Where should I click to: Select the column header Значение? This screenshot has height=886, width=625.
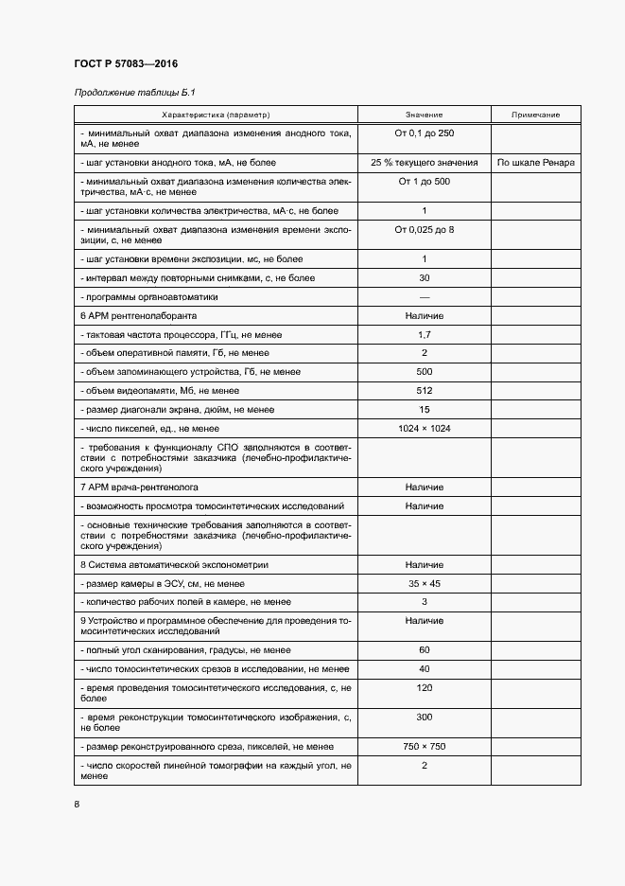(x=424, y=115)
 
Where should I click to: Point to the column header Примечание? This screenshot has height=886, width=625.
(x=535, y=115)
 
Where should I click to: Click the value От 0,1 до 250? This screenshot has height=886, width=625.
(x=424, y=133)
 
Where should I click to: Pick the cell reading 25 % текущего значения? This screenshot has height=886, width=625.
(x=424, y=162)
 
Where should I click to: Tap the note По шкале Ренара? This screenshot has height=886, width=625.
(x=535, y=162)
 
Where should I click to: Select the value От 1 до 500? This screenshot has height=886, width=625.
(x=424, y=181)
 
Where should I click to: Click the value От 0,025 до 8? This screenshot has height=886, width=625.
(x=424, y=230)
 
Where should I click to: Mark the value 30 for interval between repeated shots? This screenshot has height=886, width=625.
(x=424, y=278)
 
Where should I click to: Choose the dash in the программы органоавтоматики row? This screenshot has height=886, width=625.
(x=424, y=297)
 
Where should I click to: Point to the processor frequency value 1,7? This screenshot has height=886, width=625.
(x=424, y=334)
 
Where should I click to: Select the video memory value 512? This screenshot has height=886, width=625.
(x=424, y=391)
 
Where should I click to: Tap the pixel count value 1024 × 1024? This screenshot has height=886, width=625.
(x=424, y=428)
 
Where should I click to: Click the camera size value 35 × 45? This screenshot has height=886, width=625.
(x=424, y=583)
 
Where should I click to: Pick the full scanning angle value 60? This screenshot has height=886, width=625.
(x=424, y=649)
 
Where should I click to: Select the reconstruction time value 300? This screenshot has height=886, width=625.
(x=424, y=717)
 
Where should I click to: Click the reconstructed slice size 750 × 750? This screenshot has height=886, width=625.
(x=424, y=746)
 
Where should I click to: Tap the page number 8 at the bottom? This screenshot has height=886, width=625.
(x=77, y=804)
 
